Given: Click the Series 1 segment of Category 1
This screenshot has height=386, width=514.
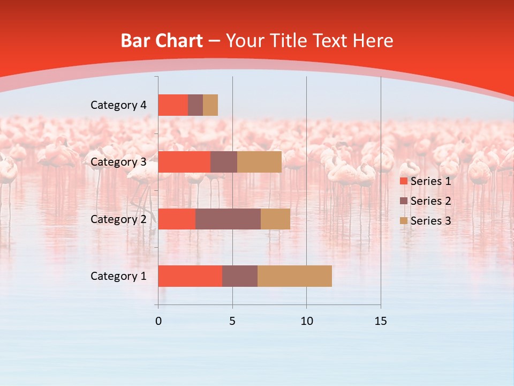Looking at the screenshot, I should tap(190, 276).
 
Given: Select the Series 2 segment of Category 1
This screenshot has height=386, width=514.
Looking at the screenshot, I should tap(240, 276).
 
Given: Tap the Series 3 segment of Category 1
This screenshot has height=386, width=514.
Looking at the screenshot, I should tap(294, 276).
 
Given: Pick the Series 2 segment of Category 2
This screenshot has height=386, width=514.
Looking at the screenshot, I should tap(228, 219).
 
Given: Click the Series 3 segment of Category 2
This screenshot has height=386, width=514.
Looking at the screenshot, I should tap(275, 219).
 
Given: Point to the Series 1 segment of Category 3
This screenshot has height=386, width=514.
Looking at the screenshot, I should tap(184, 162).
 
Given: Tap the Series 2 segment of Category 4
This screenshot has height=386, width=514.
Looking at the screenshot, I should tap(195, 105).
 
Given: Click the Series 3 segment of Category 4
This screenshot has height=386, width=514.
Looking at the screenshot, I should tap(210, 105).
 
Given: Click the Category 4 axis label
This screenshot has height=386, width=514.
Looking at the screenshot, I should tap(118, 105).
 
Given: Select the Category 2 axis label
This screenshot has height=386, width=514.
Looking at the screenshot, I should tap(118, 219).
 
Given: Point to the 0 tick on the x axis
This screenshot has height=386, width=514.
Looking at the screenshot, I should tap(158, 321).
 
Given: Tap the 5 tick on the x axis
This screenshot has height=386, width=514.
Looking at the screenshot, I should tap(232, 321).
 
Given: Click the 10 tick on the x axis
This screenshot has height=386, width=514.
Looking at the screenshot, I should tap(306, 321).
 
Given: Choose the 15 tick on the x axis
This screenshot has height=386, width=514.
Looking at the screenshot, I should tap(381, 321).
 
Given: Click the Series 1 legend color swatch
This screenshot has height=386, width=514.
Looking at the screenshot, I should tap(404, 181).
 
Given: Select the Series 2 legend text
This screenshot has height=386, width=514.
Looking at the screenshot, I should tap(431, 201).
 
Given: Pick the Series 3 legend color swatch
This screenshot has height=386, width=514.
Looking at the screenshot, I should tap(404, 221).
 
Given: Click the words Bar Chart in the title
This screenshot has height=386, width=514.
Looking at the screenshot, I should tap(162, 41).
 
